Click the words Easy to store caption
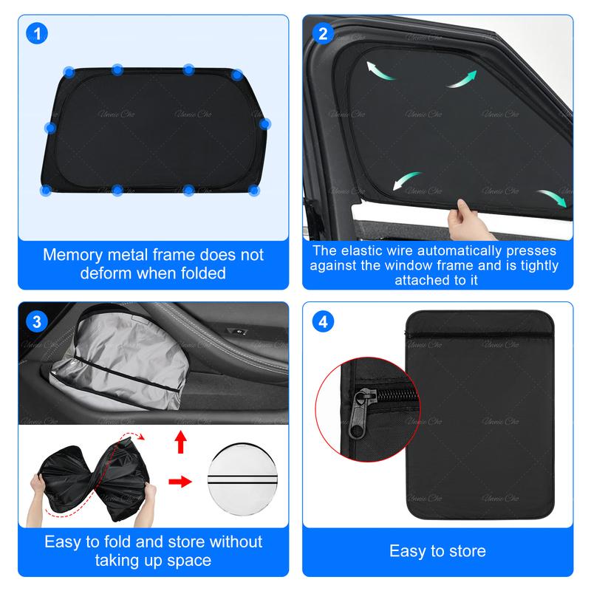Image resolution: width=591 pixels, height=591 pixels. click(x=437, y=550)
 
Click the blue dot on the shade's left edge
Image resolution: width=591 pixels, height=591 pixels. click(x=50, y=128)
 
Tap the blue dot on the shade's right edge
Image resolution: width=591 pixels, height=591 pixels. click(x=265, y=123)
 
